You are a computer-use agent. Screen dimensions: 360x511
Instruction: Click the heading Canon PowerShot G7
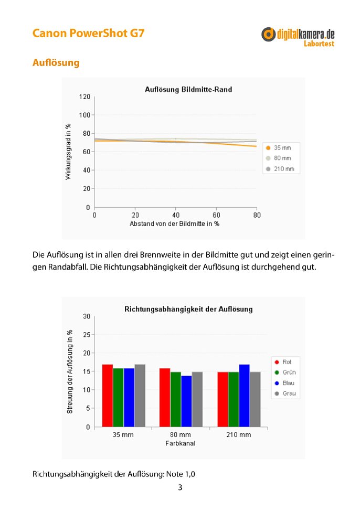click(88, 33)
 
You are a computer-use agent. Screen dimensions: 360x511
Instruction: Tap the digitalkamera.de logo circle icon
click(268, 34)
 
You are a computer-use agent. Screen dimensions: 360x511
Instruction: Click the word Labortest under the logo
click(319, 44)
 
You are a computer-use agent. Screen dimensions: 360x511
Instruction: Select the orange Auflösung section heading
click(56, 62)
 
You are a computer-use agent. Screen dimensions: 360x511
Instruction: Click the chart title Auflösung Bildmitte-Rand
click(188, 89)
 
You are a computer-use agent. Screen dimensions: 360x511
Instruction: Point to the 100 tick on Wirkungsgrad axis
click(84, 115)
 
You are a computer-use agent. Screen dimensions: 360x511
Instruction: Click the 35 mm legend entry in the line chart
click(279, 148)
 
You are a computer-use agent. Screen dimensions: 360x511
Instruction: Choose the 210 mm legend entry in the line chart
click(280, 169)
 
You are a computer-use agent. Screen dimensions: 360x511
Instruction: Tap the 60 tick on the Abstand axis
click(216, 215)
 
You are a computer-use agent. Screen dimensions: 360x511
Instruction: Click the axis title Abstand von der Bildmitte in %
click(174, 224)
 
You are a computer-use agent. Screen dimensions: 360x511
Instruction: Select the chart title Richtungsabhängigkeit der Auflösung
click(188, 309)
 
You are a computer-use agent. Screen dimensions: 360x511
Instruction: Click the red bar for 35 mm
click(107, 396)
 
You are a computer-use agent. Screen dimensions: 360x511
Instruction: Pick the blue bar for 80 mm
click(186, 401)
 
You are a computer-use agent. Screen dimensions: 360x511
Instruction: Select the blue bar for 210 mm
click(244, 396)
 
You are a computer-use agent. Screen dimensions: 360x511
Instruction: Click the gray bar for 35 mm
click(140, 396)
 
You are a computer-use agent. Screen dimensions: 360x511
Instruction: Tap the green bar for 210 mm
click(234, 400)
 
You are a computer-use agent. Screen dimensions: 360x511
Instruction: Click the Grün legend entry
click(285, 372)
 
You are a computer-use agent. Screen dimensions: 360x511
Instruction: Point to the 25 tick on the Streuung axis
click(87, 335)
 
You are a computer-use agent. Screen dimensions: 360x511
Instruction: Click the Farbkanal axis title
click(181, 443)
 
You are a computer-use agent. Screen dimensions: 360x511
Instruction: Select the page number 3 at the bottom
click(180, 487)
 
